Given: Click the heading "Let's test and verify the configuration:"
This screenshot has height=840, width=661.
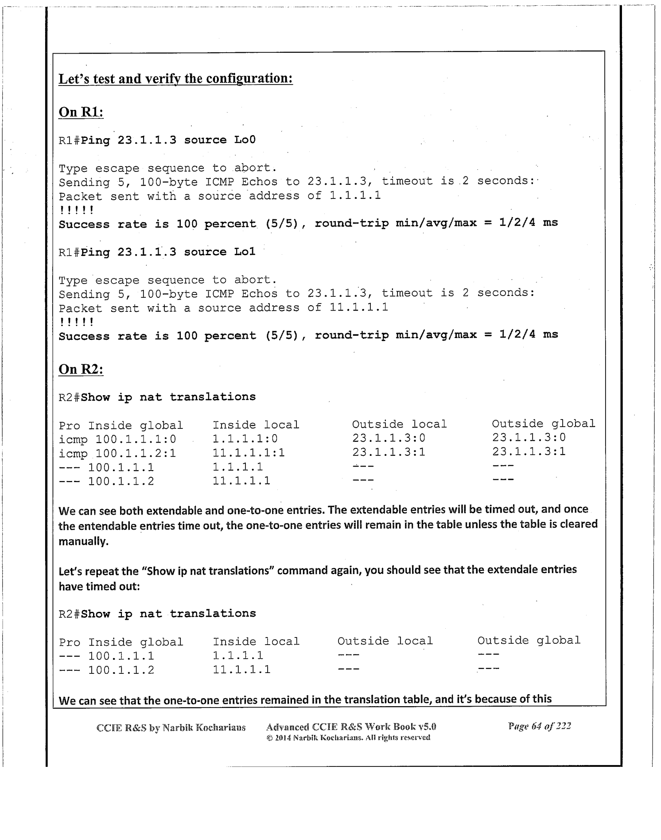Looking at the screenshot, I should pyautogui.click(x=175, y=79).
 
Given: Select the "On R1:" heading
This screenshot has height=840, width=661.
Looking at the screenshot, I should pyautogui.click(x=81, y=112).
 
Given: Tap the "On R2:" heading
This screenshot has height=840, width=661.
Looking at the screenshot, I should pyautogui.click(x=81, y=369).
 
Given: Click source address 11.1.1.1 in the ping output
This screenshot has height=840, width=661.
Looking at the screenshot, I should pyautogui.click(x=359, y=307).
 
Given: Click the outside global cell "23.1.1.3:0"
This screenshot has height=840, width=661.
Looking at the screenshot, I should pyautogui.click(x=529, y=438).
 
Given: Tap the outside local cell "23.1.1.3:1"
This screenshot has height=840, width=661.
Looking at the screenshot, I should pyautogui.click(x=389, y=452).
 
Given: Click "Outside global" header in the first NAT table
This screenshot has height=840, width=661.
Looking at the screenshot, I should pyautogui.click(x=543, y=424).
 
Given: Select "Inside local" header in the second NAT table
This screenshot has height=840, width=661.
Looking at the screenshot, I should pyautogui.click(x=256, y=642).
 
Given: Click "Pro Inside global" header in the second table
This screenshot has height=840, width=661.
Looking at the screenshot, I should pyautogui.click(x=121, y=642).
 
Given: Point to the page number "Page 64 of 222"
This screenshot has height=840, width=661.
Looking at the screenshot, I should pyautogui.click(x=539, y=726).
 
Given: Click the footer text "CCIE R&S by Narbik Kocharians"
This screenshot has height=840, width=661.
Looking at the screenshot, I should pyautogui.click(x=171, y=727).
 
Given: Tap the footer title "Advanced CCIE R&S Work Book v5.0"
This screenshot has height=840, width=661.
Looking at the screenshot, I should pyautogui.click(x=351, y=727).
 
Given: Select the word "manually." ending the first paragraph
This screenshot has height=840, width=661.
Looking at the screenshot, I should pyautogui.click(x=84, y=541).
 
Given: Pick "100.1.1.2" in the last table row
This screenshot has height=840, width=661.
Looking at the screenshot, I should pyautogui.click(x=121, y=670).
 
